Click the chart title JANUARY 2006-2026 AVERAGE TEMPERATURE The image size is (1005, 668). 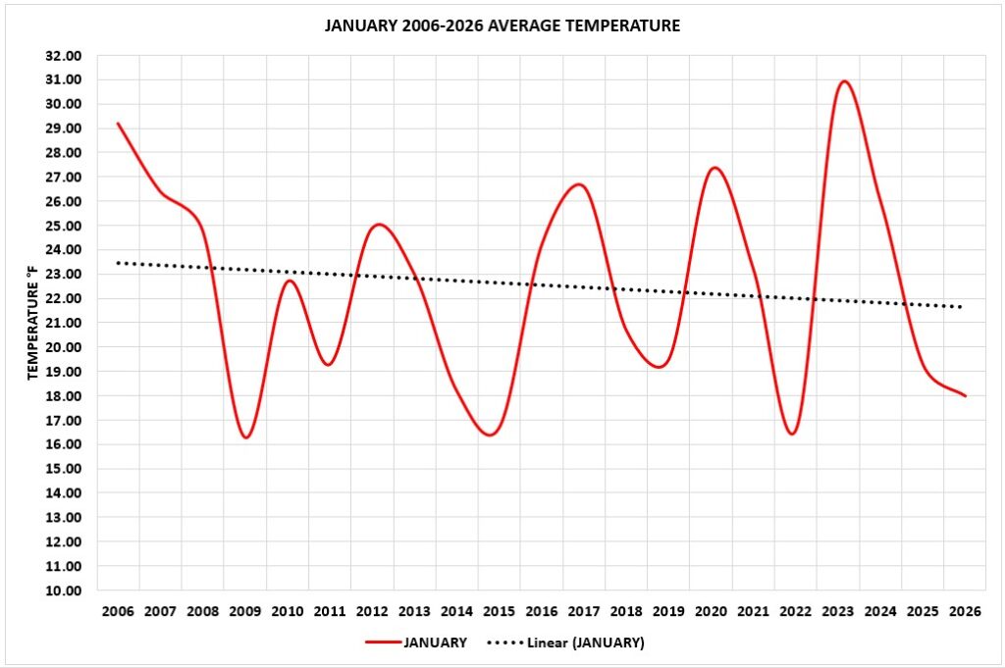(502, 26)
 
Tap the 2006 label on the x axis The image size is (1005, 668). (118, 612)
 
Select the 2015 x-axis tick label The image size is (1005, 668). (499, 612)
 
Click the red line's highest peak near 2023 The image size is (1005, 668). (844, 81)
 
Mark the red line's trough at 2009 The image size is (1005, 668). (245, 437)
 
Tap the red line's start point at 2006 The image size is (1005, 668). (118, 124)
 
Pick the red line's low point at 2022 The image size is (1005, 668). (792, 434)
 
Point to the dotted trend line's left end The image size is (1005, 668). (118, 263)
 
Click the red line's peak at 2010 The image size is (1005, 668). (289, 281)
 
